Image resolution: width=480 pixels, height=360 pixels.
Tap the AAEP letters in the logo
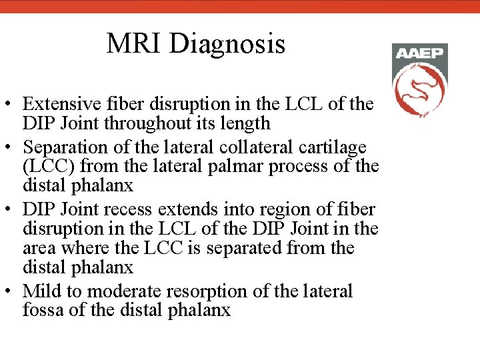coord(419,53)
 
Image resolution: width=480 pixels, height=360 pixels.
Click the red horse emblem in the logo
coord(419,89)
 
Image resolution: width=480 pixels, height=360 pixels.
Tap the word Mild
coord(41,291)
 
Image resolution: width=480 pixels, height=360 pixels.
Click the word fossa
coord(42,311)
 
